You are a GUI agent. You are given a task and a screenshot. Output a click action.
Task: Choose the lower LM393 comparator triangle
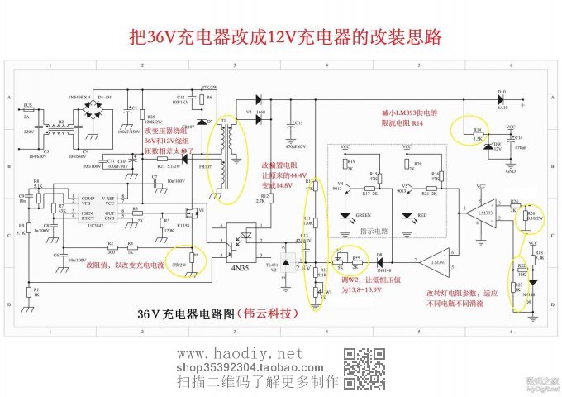431,261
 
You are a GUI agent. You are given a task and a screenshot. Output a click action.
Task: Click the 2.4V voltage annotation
302,268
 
